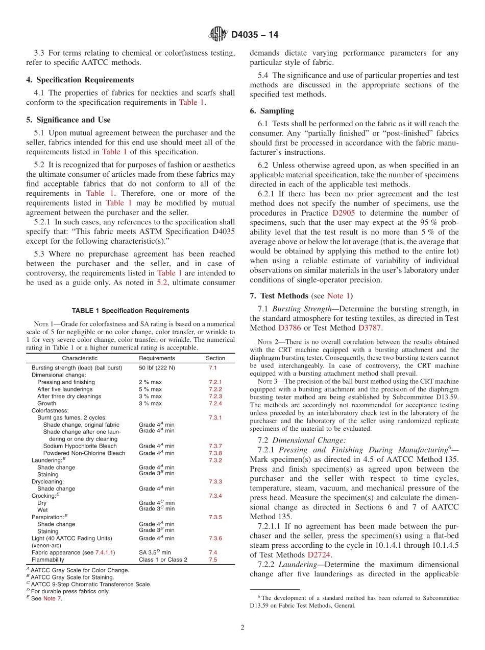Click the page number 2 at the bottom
pyautogui.click(x=243, y=628)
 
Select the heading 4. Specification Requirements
pyautogui.click(x=80, y=80)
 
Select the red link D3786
pyautogui.click(x=289, y=328)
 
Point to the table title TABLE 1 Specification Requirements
pyautogui.click(x=130, y=311)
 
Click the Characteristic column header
pyautogui.click(x=80, y=358)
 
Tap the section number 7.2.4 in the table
pyautogui.click(x=215, y=404)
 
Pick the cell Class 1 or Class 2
pyautogui.click(x=163, y=560)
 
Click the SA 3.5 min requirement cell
pyautogui.click(x=155, y=552)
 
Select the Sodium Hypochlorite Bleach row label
pyautogui.click(x=80, y=446)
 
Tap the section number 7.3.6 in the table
pyautogui.click(x=215, y=538)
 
